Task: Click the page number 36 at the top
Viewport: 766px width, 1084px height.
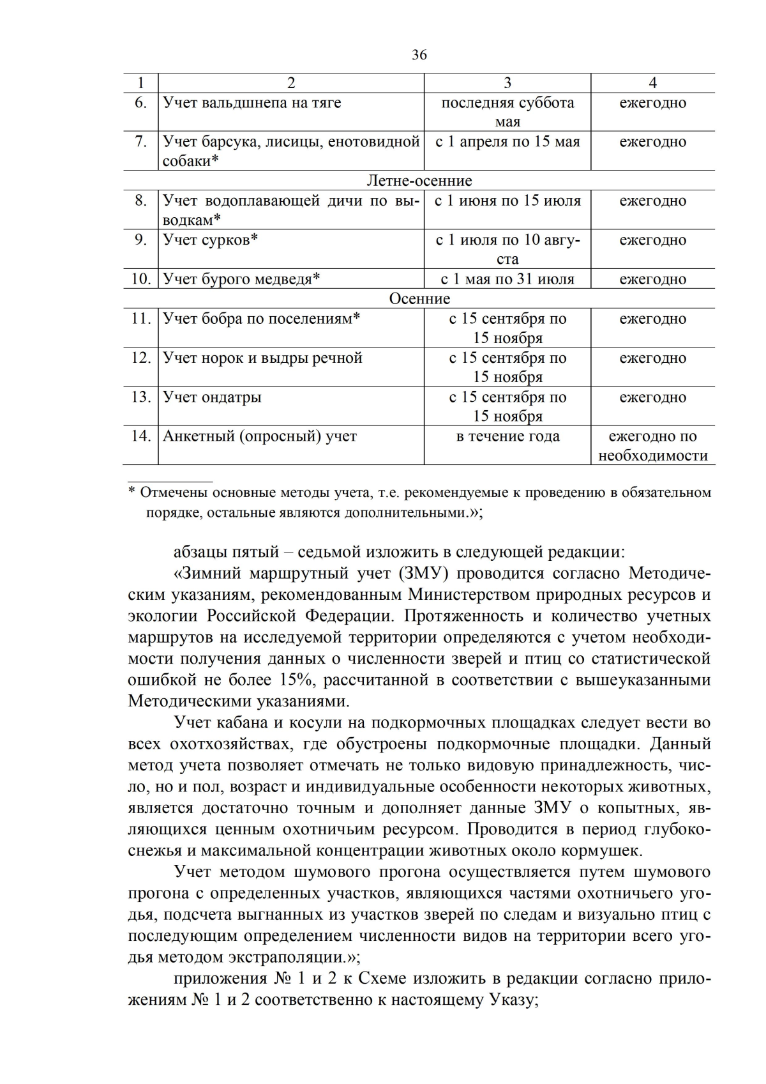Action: coord(419,55)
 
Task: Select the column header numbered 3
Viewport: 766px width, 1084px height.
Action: coord(507,83)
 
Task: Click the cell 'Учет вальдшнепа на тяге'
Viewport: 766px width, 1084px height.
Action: coord(252,103)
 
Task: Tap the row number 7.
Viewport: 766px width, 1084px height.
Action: coord(140,142)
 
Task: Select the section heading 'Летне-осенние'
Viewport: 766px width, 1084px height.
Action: coord(419,181)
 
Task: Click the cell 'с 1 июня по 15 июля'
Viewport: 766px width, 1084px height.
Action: coord(507,201)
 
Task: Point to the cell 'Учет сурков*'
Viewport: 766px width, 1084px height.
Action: coord(210,240)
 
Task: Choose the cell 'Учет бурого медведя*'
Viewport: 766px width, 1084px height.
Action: coord(241,279)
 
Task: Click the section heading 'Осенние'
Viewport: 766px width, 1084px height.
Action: coord(419,299)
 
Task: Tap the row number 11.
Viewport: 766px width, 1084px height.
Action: coord(140,318)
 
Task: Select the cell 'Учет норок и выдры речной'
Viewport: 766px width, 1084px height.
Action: coord(262,358)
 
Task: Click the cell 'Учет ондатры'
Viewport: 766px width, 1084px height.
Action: coord(212,397)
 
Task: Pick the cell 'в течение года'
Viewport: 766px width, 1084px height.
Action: coord(507,436)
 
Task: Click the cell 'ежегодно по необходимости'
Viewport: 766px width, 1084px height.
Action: coord(652,446)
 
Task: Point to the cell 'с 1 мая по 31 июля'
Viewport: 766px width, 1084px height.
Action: coord(507,279)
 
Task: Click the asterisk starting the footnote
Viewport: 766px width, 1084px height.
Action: coord(131,493)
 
